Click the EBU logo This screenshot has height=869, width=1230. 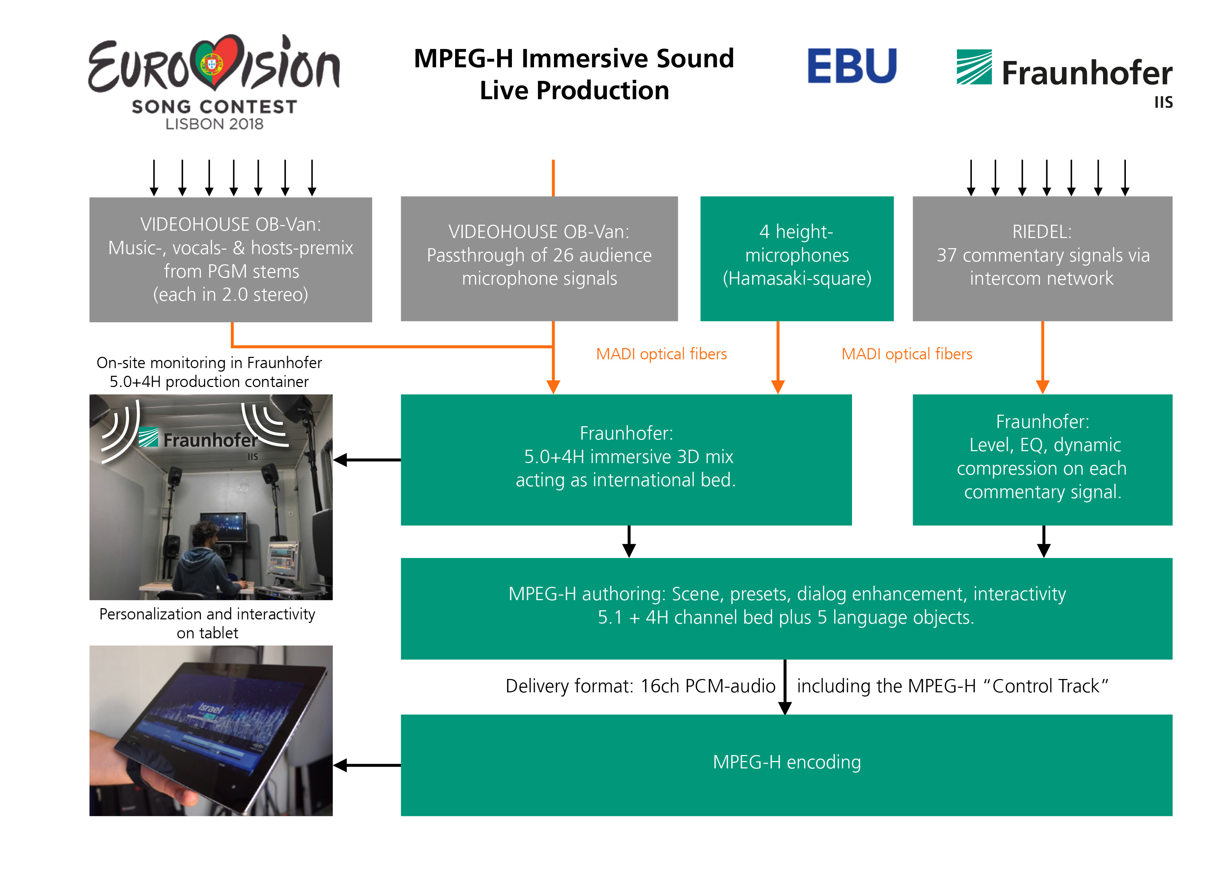tap(852, 66)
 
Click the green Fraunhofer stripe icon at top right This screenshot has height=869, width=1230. tap(974, 67)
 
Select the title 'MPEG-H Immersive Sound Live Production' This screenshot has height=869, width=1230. tap(574, 74)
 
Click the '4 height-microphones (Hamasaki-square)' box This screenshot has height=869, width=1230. tap(797, 259)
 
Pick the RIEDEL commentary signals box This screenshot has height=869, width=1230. tap(1042, 259)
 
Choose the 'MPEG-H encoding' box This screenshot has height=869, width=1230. tap(786, 765)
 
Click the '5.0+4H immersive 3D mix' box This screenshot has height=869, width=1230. tap(626, 460)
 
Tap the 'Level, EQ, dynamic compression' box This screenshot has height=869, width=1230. tap(1042, 460)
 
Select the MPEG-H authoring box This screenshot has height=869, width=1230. tap(786, 609)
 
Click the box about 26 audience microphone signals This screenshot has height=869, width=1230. tap(539, 259)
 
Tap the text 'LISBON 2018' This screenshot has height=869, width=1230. tap(214, 124)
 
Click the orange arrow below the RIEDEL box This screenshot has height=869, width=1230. tap(1042, 358)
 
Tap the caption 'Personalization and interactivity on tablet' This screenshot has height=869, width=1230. tap(207, 623)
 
